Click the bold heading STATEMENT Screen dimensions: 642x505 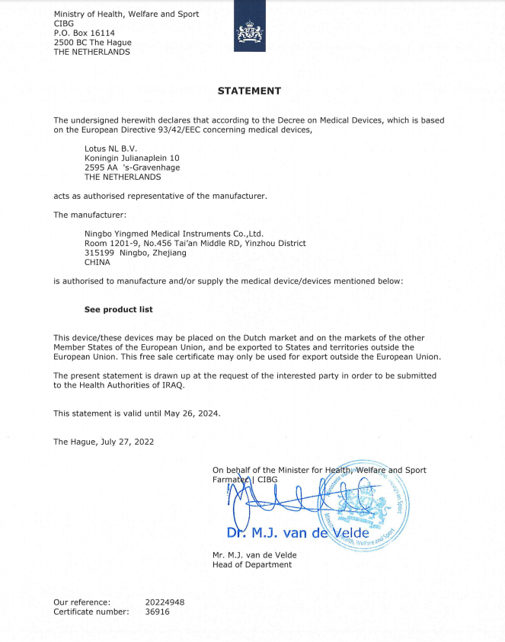[x=249, y=91]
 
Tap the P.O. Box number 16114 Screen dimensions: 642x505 [x=99, y=34]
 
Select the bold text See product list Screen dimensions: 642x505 [x=118, y=310]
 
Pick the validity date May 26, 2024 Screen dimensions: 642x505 [x=187, y=413]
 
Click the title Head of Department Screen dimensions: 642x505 [x=252, y=564]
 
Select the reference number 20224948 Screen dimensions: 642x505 [x=165, y=602]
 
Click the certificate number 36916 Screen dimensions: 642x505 [x=157, y=612]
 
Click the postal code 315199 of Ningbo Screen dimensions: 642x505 [x=99, y=252]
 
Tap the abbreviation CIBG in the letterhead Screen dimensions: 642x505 [x=64, y=24]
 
